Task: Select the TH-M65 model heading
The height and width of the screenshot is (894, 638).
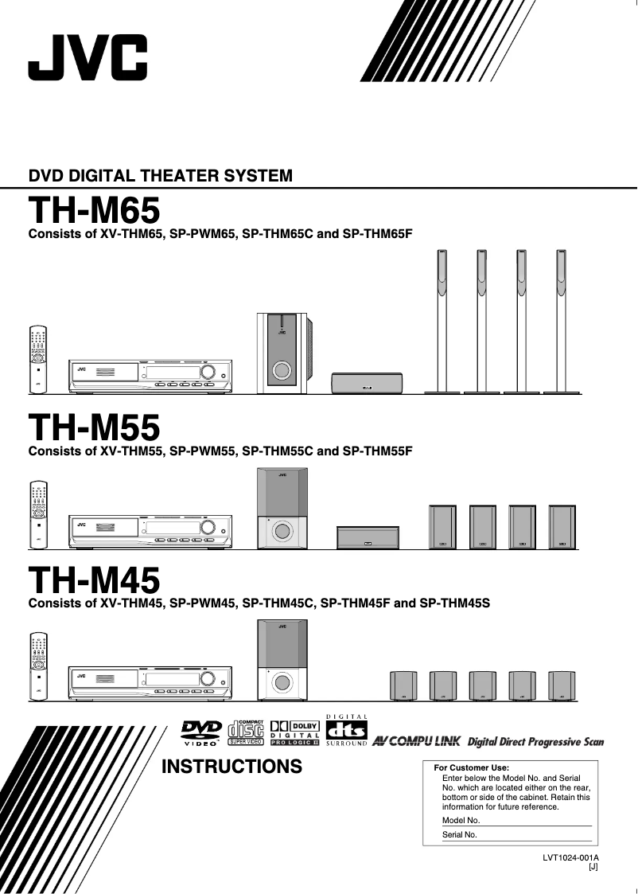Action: (x=94, y=211)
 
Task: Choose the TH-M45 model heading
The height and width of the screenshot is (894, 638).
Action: (x=94, y=580)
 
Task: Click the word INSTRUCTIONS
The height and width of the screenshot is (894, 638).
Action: (x=231, y=767)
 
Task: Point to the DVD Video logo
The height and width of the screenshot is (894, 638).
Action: (x=200, y=733)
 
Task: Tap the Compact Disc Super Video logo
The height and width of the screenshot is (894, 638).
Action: (x=246, y=732)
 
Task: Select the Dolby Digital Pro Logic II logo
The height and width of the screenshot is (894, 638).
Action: (x=294, y=733)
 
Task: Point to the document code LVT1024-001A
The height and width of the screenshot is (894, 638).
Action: (x=570, y=858)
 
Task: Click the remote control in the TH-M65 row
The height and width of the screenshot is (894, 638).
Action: (x=37, y=359)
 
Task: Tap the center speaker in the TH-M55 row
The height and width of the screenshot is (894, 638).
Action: (x=367, y=538)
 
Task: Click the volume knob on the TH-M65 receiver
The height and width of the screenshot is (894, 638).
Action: (x=208, y=372)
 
